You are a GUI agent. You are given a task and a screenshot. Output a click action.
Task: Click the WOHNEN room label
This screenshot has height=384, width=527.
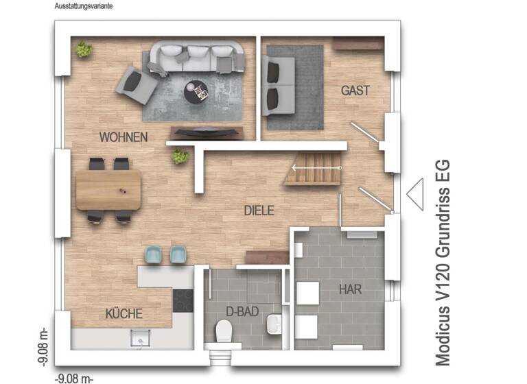click(x=123, y=137)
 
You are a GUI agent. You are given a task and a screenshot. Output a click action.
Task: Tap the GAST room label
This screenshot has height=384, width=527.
click(x=355, y=91)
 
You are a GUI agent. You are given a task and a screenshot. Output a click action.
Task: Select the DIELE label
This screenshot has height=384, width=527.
click(x=259, y=211)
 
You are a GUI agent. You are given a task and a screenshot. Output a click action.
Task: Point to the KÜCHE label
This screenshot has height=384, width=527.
click(x=124, y=314)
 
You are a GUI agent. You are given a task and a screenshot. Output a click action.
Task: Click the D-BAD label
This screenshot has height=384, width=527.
click(x=242, y=311)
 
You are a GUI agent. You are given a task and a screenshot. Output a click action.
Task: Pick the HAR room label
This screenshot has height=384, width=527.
click(x=350, y=289)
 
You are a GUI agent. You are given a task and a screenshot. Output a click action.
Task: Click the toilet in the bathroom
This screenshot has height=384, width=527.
click(x=224, y=333)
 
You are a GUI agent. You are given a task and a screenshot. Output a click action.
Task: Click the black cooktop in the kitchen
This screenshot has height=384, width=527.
click(x=183, y=300)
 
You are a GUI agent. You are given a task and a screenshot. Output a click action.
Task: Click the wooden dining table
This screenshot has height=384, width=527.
click(x=108, y=190)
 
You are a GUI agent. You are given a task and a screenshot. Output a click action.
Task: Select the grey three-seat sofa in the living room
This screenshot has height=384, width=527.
click(x=198, y=56)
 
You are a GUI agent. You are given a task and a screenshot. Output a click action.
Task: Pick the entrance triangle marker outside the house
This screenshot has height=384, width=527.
click(x=415, y=193)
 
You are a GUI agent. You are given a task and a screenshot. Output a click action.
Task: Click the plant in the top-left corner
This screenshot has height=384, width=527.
click(x=84, y=49)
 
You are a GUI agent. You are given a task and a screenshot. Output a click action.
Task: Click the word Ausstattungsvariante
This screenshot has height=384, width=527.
click(x=84, y=5)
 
